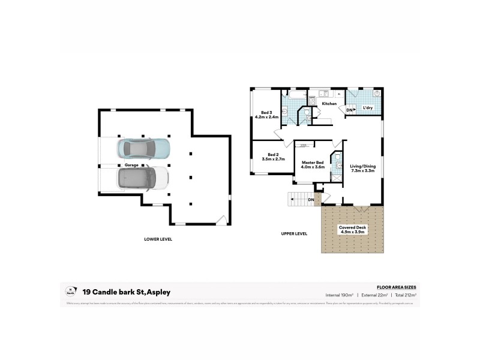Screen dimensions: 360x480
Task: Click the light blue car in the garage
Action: [x=144, y=148]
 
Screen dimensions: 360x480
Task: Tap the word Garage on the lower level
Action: [x=131, y=164]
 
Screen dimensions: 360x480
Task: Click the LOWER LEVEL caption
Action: [x=158, y=239]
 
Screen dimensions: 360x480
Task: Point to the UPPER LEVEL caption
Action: [x=294, y=233]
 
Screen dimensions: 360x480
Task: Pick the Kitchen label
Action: [x=329, y=104]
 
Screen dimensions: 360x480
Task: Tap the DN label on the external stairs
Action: [x=311, y=199]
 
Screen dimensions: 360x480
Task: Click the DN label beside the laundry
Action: [x=349, y=109]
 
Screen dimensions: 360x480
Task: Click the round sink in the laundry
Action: [x=376, y=94]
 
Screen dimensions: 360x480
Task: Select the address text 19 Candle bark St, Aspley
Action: [x=127, y=292]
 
